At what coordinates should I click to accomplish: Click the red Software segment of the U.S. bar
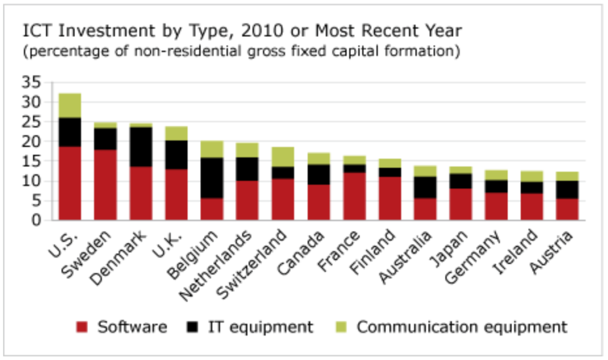pos(70,184)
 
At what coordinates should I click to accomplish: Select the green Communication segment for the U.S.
pos(70,105)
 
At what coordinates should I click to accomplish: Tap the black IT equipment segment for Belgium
pos(212,178)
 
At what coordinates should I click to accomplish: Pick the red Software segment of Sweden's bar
pos(106,185)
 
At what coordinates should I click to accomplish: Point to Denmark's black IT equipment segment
pos(141,147)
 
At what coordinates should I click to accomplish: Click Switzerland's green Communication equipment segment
pos(283,157)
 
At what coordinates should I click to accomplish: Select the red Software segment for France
pos(354,196)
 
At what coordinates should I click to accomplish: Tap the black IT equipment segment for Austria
pos(567,190)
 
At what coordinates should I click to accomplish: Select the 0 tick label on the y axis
pos(37,220)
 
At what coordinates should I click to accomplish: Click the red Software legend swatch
pos(82,327)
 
